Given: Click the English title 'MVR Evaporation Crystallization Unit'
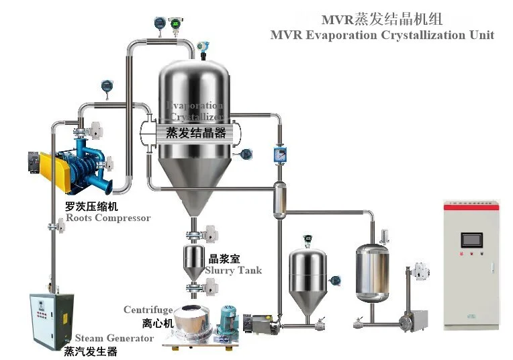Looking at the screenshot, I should [x=382, y=35].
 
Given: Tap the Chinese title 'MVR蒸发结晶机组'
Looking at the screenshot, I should [x=382, y=18].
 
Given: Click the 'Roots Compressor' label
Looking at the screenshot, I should [x=108, y=218].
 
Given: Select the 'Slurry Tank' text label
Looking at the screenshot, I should [x=233, y=270].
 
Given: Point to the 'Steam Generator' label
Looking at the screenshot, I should [x=114, y=338].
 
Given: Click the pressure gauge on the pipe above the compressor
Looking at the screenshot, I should [x=106, y=86].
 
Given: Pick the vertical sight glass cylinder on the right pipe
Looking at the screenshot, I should [x=276, y=199].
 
